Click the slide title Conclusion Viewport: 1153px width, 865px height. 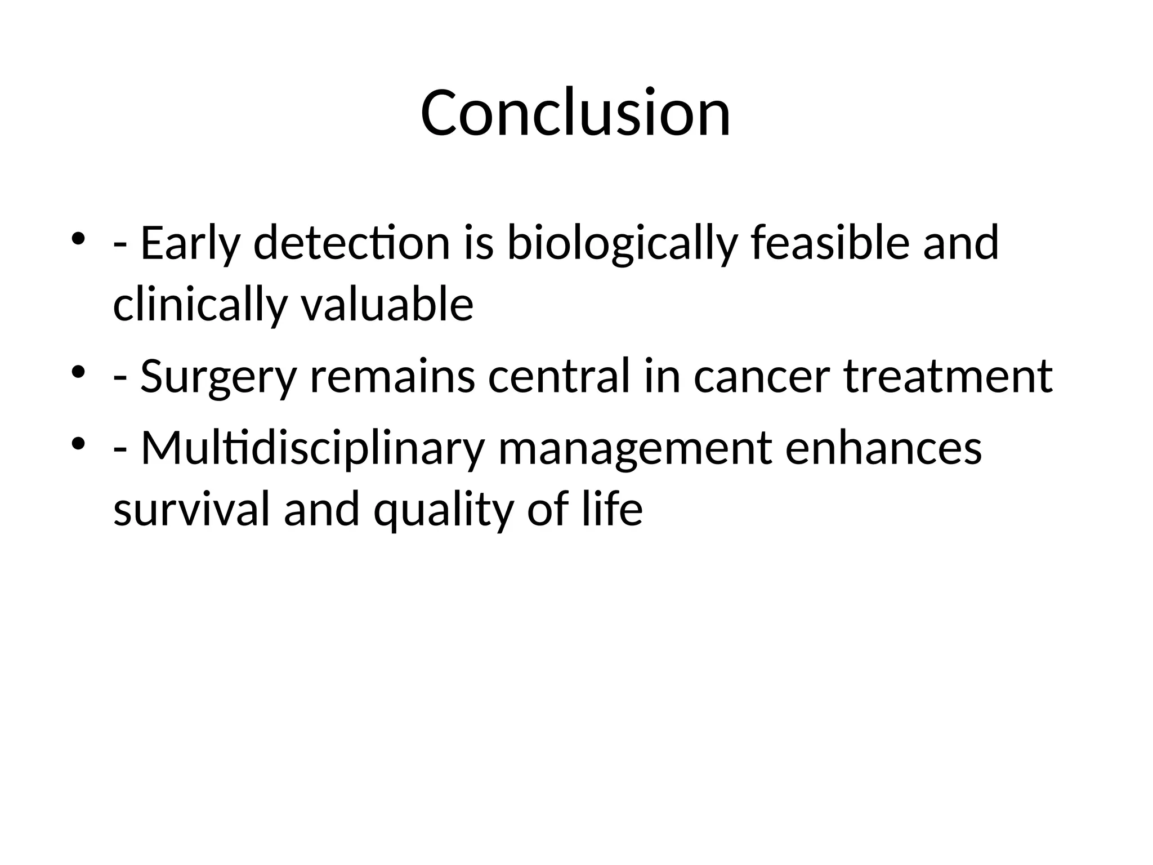tap(575, 113)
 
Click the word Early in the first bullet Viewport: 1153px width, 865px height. tap(190, 243)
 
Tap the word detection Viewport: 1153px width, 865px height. tap(351, 243)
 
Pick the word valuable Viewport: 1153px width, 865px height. tap(387, 304)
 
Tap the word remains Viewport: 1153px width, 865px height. tap(392, 376)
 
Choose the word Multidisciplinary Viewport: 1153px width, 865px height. tap(312, 449)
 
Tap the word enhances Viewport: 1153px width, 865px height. tap(883, 449)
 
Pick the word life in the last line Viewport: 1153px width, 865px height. tap(613, 509)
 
